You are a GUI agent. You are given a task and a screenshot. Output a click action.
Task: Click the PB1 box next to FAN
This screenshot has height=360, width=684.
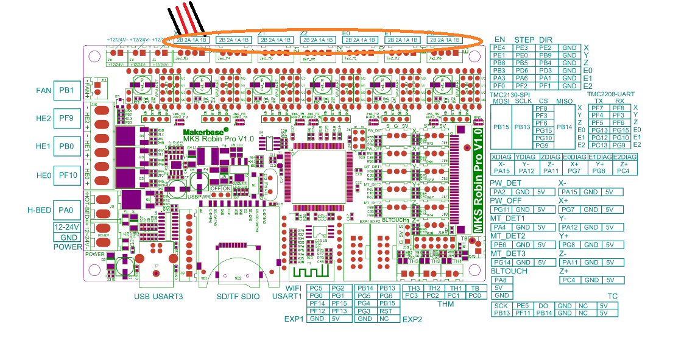pyautogui.click(x=66, y=91)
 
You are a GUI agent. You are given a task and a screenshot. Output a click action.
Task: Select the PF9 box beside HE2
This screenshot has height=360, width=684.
pyautogui.click(x=66, y=118)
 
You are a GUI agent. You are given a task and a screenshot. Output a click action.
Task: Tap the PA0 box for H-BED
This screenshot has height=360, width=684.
pyautogui.click(x=66, y=210)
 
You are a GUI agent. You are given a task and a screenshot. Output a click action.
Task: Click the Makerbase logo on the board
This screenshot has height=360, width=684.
pyautogui.click(x=205, y=130)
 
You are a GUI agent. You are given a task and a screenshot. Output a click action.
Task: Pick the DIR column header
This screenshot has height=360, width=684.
pyautogui.click(x=546, y=40)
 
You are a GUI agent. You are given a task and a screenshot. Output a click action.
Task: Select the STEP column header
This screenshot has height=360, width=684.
pyautogui.click(x=524, y=40)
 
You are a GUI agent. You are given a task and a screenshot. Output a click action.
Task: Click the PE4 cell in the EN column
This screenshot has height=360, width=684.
pyautogui.click(x=499, y=48)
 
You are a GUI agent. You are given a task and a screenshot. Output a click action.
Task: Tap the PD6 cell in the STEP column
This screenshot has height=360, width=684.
pyautogui.click(x=522, y=71)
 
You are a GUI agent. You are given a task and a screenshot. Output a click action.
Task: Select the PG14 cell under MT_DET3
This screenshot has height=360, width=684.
pyautogui.click(x=501, y=263)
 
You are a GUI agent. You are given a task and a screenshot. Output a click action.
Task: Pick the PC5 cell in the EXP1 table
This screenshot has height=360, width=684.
pyautogui.click(x=317, y=288)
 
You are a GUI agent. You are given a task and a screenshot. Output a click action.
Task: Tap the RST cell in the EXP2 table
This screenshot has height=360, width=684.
pyautogui.click(x=387, y=311)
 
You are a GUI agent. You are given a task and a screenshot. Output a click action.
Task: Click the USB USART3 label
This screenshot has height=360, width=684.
pyautogui.click(x=159, y=296)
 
